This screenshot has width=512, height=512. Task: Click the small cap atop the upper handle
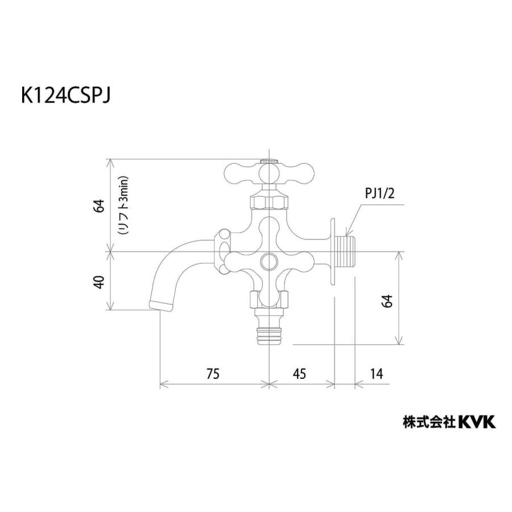[269, 162]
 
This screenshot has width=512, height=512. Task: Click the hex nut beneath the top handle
[269, 201]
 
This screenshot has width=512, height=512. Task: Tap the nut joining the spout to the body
[224, 248]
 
